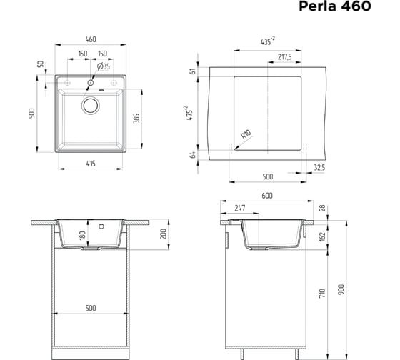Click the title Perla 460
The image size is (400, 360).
(x=335, y=6)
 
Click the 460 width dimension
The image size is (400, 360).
(x=91, y=39)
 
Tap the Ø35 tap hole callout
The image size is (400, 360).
(x=104, y=66)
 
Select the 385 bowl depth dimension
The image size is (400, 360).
(x=136, y=119)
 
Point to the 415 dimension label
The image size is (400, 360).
(x=91, y=164)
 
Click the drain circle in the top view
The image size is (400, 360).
(x=91, y=106)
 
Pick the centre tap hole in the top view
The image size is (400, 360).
(x=91, y=82)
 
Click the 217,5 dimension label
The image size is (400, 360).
(x=285, y=56)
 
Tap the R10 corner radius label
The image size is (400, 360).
(x=246, y=134)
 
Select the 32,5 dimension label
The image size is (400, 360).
(x=319, y=168)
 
